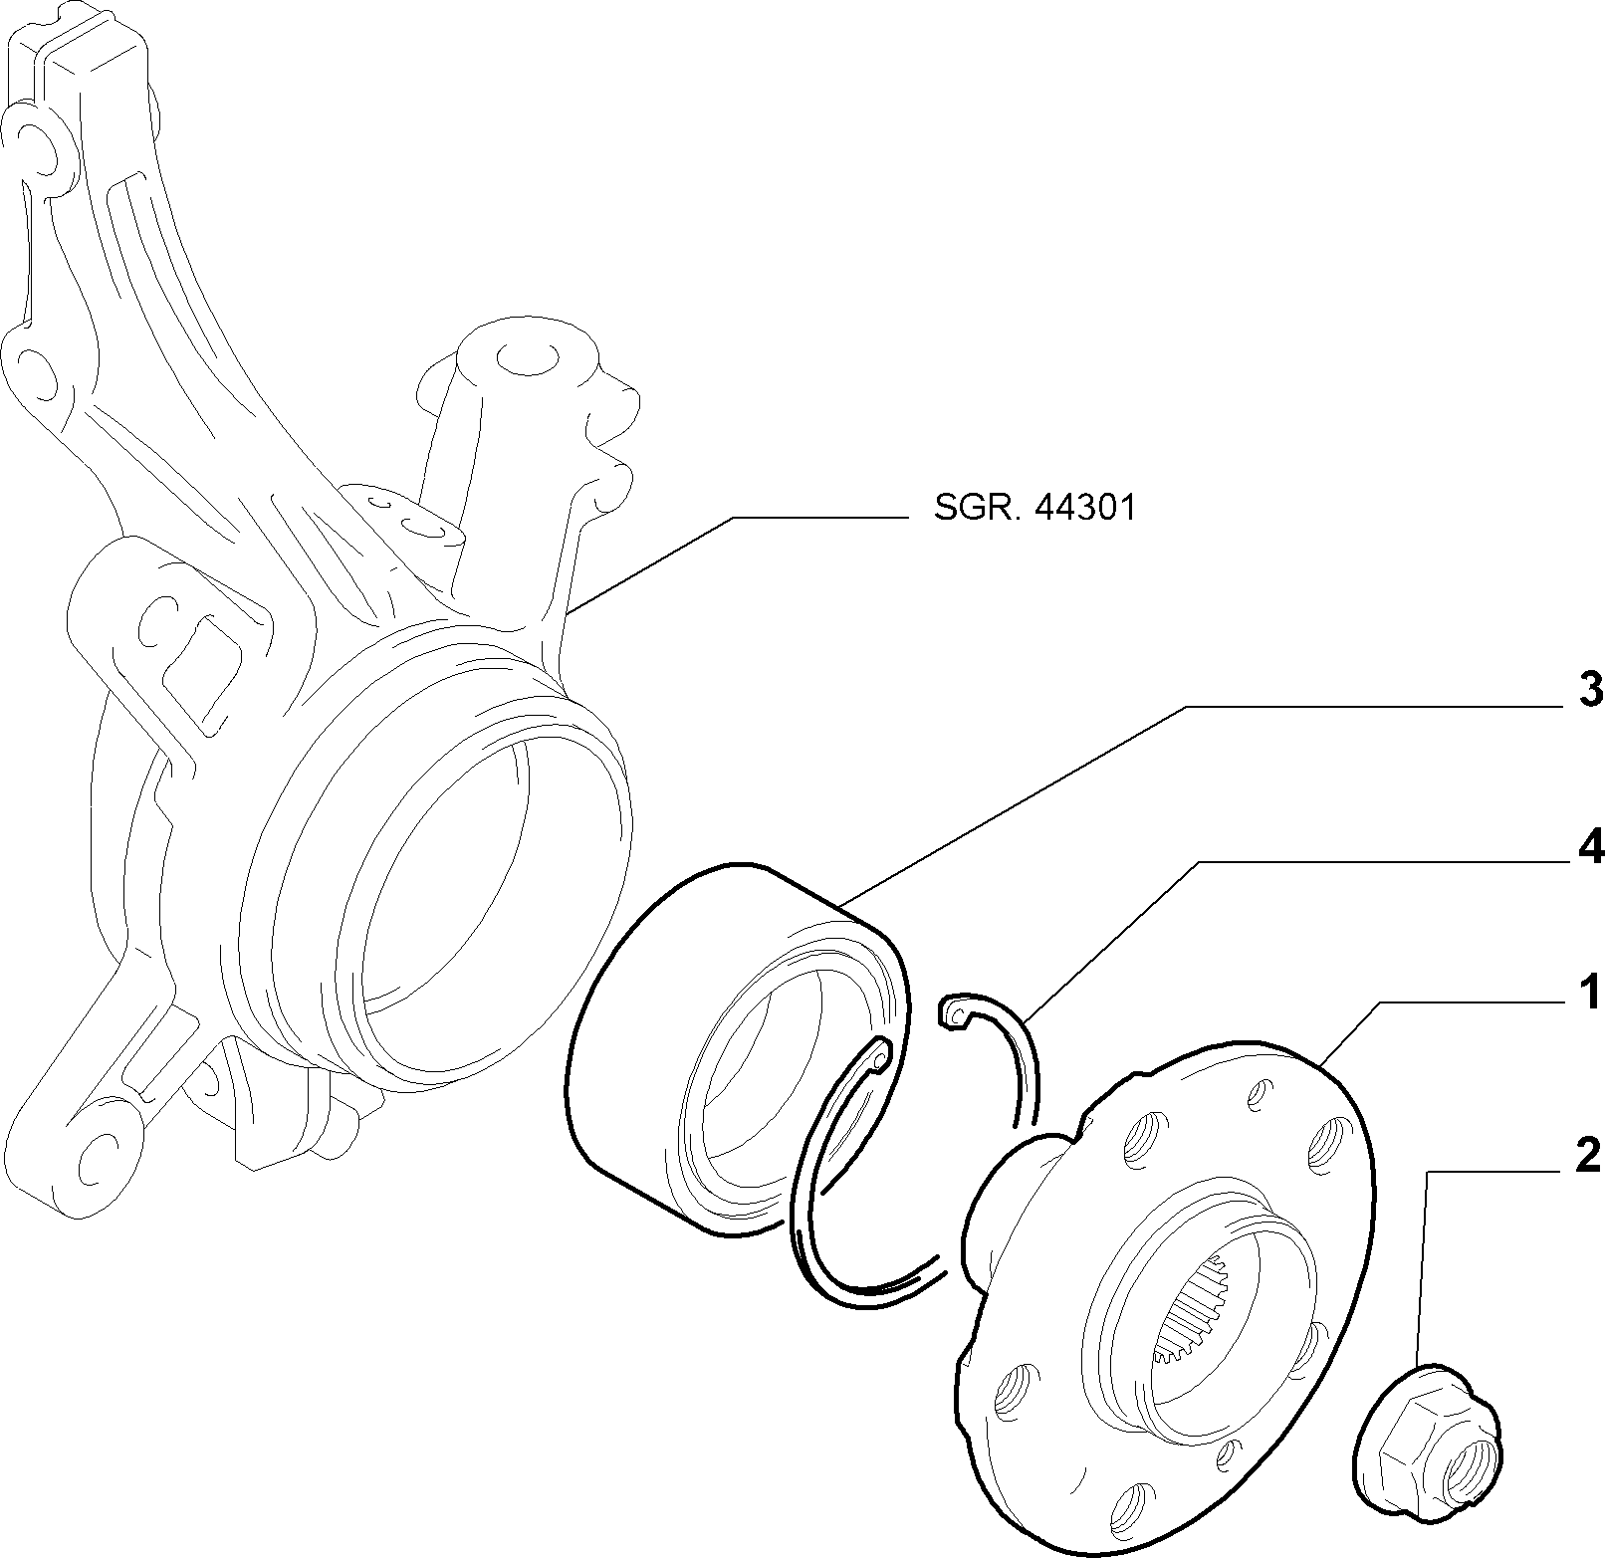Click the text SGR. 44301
[x=1034, y=508]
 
